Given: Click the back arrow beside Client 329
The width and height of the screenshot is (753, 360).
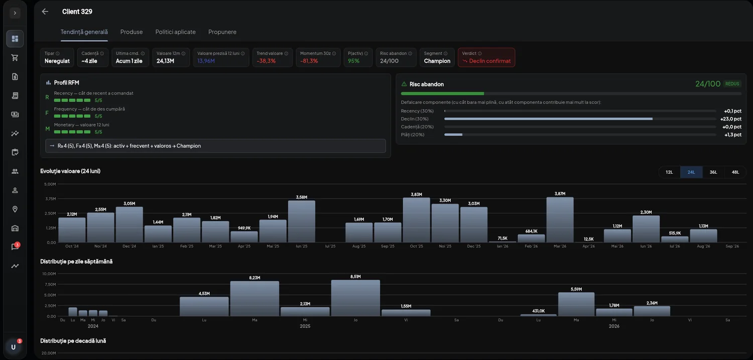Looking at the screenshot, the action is coord(45,12).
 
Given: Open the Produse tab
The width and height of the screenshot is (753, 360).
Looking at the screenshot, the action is coord(132,32).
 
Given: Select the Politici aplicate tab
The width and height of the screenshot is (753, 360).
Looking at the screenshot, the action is coord(176,32).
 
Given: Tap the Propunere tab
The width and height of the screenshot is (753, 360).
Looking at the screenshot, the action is coord(222,32).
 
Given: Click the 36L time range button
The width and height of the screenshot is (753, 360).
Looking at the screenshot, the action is coord(713,172).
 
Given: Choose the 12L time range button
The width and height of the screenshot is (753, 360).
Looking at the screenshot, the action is coord(669,172).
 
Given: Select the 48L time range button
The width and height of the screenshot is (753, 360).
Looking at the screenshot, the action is coord(735,172).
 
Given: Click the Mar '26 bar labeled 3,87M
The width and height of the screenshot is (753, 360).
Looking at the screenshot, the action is coord(560,219).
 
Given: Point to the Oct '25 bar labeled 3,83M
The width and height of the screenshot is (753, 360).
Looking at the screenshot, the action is coord(416,220).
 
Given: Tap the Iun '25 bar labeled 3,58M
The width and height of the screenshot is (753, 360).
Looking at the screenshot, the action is coord(302,221).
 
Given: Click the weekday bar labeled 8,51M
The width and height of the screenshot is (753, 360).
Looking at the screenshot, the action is coord(355,298).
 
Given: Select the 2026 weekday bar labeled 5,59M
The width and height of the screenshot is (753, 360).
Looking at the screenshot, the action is coord(576,304).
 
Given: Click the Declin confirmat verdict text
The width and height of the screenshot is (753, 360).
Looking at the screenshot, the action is coord(489,61).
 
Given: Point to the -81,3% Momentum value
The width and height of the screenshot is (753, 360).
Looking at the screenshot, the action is coord(309,61).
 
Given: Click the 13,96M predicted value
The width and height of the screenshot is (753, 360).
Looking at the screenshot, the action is coord(206,61).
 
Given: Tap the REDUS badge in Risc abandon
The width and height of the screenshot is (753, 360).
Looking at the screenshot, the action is coord(732,84).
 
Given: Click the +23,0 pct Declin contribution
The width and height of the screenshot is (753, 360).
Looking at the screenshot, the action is coord(730,119).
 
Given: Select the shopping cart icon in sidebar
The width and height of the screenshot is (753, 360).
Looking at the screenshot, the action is coord(15,58).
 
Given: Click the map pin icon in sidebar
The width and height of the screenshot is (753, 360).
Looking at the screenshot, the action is coord(15,209).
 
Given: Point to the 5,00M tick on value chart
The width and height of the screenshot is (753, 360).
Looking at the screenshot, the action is coord(50,184).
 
